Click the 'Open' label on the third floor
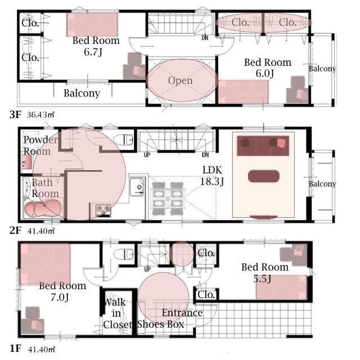click(x=180, y=80)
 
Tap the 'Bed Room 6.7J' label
click(x=96, y=46)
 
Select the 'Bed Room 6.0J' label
click(x=267, y=67)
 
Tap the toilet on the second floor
click(x=123, y=139)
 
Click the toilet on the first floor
click(x=123, y=255)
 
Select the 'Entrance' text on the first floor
click(x=182, y=313)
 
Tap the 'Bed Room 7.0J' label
click(x=62, y=291)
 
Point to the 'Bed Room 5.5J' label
click(x=264, y=273)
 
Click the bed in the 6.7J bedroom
click(x=93, y=25)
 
